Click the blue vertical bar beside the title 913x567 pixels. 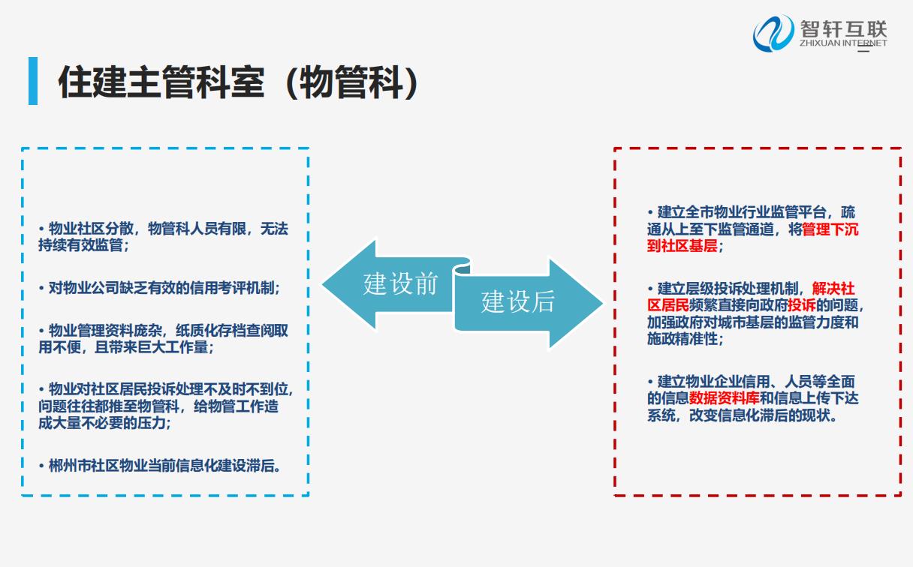click(x=33, y=81)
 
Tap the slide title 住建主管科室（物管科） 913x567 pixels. click(x=239, y=82)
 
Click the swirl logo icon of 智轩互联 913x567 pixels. click(x=773, y=34)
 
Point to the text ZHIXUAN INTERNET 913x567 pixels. click(x=843, y=43)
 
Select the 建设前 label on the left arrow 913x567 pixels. click(x=400, y=283)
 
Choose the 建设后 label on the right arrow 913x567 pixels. click(x=517, y=302)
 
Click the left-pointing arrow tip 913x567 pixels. click(x=323, y=284)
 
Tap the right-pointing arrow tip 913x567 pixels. click(x=602, y=303)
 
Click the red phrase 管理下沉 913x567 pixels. click(x=830, y=229)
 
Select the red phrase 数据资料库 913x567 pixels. click(x=724, y=398)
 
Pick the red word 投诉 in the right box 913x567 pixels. click(x=801, y=305)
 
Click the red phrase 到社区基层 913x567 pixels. click(x=682, y=246)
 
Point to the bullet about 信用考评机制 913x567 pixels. click(x=160, y=288)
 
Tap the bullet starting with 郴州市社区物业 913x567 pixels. click(x=160, y=466)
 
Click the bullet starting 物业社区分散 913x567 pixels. click(x=164, y=237)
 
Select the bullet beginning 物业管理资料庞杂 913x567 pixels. click(x=164, y=339)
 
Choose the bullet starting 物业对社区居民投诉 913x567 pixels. click(x=166, y=406)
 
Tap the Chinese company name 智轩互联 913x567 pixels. click(x=843, y=28)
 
